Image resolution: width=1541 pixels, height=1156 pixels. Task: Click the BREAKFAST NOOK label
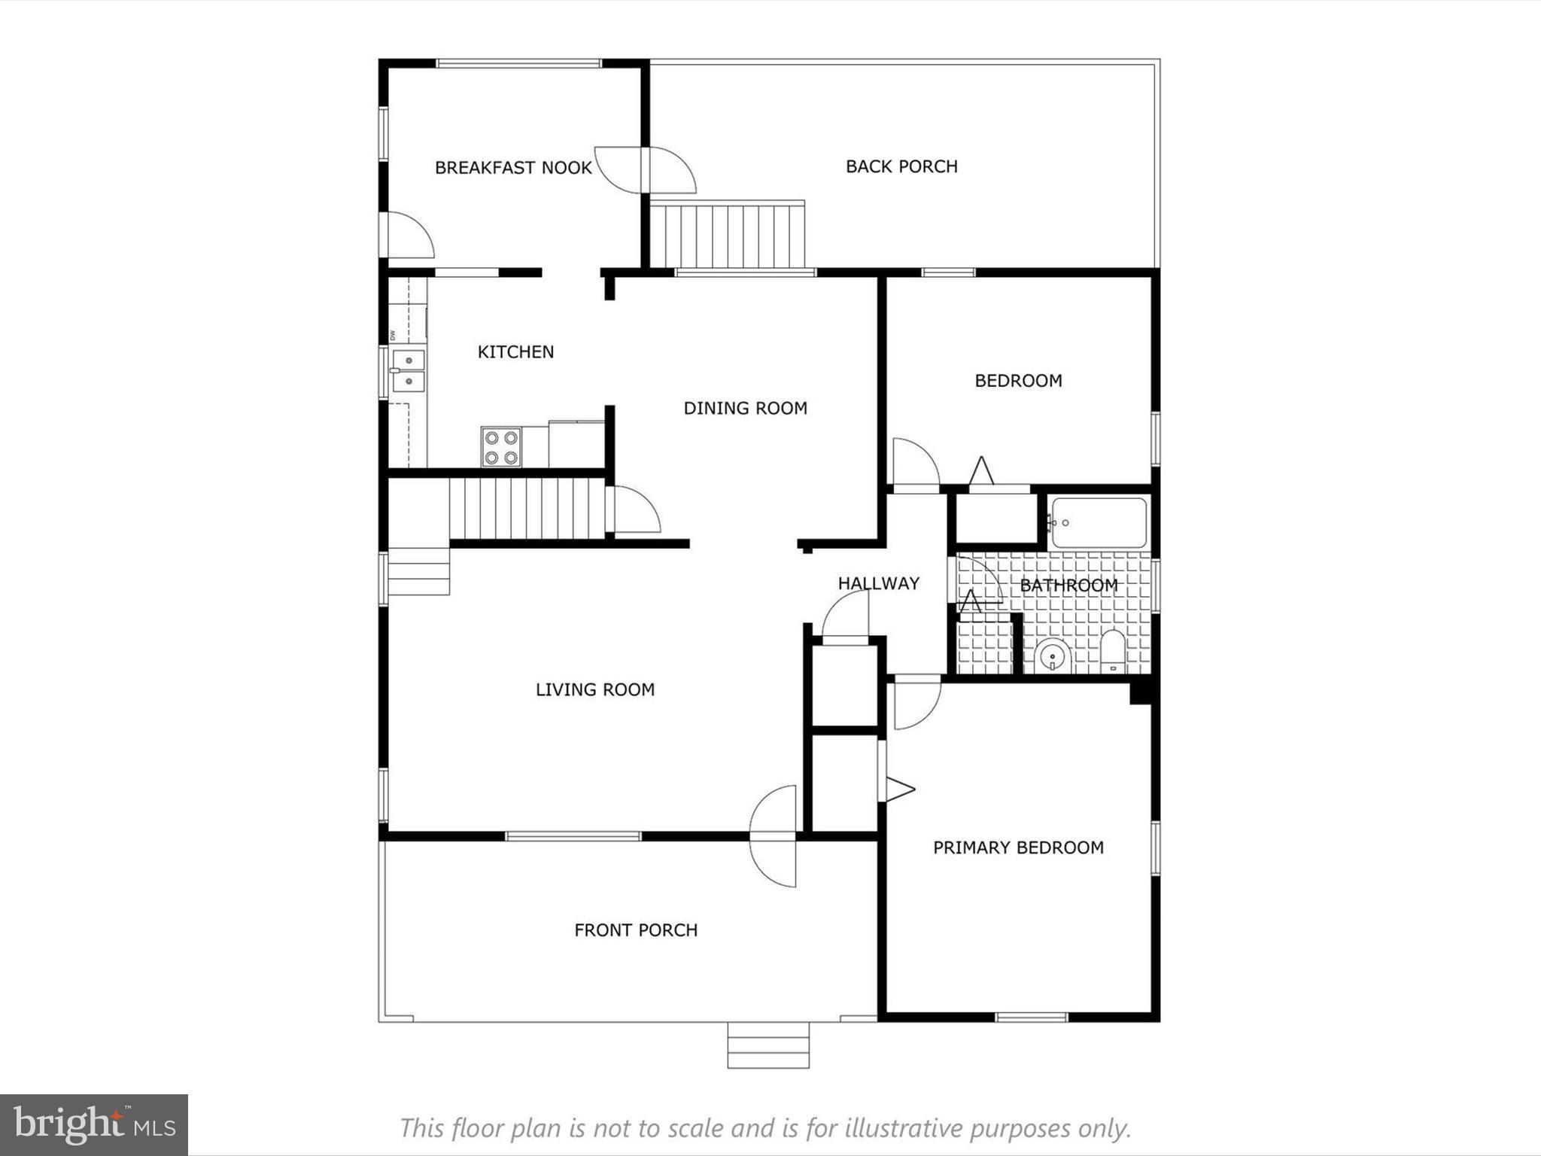[x=513, y=168]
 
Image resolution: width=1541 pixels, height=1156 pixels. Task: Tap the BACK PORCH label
[x=901, y=166]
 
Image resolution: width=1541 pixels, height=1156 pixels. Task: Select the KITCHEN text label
[x=515, y=352]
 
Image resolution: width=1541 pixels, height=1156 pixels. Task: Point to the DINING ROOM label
[x=745, y=408]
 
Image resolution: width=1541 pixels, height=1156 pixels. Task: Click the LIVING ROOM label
[x=594, y=689]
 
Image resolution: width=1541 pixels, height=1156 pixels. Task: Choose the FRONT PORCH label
[x=636, y=930]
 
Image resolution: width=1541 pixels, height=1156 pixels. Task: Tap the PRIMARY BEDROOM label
[x=1018, y=847]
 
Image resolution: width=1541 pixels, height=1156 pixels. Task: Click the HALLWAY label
[x=878, y=583]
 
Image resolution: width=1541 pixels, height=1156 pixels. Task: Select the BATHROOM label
[x=1068, y=585]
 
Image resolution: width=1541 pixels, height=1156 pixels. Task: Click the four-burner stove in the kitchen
[x=501, y=447]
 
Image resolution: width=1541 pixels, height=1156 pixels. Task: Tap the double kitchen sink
[x=409, y=371]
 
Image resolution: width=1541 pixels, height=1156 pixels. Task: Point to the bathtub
[x=1099, y=522]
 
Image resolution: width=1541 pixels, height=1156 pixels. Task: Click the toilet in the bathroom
[x=1112, y=650]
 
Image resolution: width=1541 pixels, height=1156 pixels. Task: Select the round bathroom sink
[x=1051, y=656]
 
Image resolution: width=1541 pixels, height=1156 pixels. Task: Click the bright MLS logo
[x=94, y=1125]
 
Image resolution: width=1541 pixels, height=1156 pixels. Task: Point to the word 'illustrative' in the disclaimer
[x=904, y=1128]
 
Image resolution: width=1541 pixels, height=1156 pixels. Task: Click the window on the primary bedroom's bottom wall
[x=1031, y=1018]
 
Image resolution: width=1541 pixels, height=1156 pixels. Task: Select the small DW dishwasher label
[x=392, y=335]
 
